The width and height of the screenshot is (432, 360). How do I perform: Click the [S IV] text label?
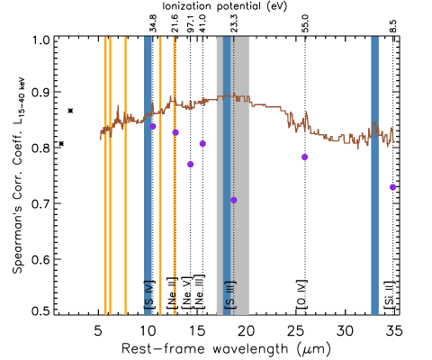point(148,294)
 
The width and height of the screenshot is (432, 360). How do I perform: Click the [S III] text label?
point(229,294)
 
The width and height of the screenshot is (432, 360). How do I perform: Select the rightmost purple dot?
point(392,187)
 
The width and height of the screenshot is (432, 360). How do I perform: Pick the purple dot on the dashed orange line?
point(175,132)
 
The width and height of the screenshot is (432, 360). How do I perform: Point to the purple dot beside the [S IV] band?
point(153,126)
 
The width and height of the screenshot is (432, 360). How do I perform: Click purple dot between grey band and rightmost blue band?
point(305,157)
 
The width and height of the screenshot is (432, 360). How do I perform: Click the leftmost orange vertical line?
point(105,180)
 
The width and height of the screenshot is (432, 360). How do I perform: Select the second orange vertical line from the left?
point(110,180)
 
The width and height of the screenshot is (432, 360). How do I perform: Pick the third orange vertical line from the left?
point(125,180)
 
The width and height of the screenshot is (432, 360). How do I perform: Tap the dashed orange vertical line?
point(174,225)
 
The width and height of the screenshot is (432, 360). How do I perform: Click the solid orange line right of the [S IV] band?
point(160,180)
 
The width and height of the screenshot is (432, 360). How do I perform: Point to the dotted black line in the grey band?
point(233,252)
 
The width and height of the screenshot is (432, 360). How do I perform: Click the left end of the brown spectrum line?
point(101,137)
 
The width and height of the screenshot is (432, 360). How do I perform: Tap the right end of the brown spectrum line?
point(394,140)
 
